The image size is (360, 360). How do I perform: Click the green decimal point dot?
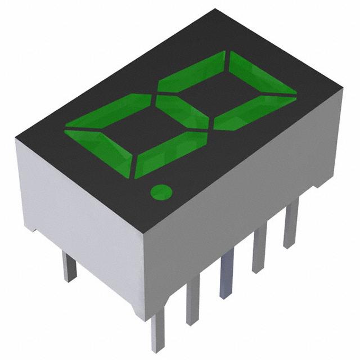[x=161, y=192]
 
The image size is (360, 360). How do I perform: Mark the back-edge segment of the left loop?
[x=107, y=112]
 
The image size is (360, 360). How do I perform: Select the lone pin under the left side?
[x=69, y=267]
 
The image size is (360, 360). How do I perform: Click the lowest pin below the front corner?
[x=157, y=332]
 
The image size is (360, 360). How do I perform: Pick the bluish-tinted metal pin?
[x=226, y=276]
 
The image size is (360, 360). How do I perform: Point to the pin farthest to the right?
[x=290, y=225]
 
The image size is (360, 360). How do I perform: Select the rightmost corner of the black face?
[x=342, y=87]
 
